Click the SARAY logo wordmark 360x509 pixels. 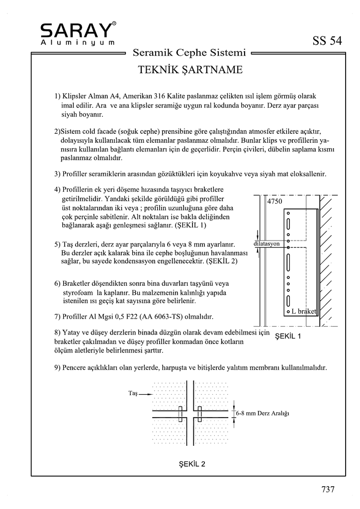76,31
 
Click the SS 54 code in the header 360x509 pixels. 327,41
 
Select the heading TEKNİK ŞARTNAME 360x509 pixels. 190,70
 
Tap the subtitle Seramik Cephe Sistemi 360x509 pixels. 190,52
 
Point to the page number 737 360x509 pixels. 328,489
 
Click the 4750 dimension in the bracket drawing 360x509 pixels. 274,202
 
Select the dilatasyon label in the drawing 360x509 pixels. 270,245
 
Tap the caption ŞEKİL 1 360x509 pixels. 288,336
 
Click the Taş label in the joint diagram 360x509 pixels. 132,393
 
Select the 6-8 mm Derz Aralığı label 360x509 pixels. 263,413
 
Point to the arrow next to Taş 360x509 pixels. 145,393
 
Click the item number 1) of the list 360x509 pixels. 57,95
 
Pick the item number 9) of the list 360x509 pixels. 57,368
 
